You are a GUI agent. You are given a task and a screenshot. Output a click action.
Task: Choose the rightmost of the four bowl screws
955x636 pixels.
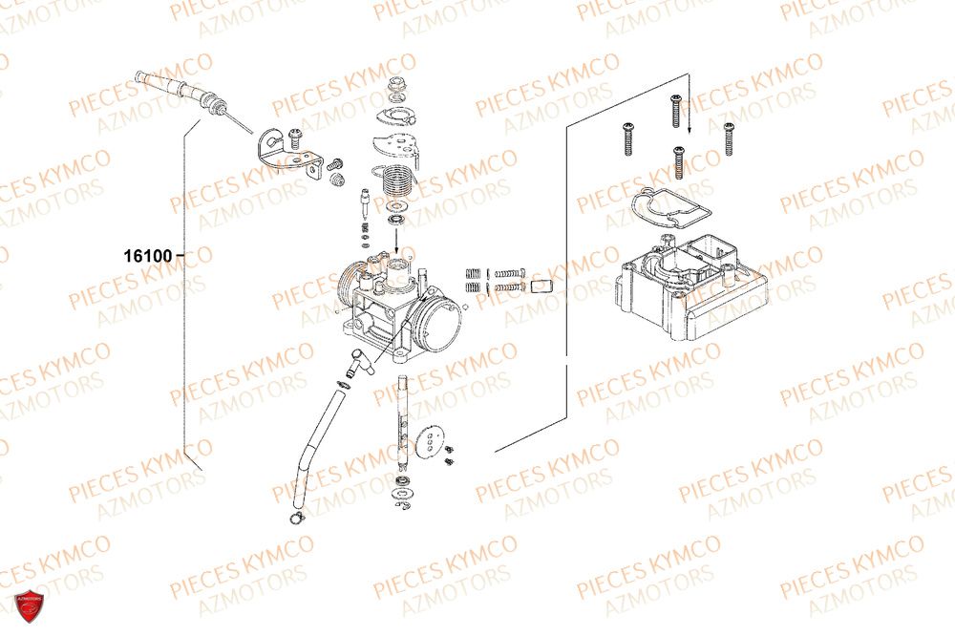tap(729, 138)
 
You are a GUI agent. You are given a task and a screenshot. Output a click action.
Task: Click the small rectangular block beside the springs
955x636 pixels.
tap(541, 283)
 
